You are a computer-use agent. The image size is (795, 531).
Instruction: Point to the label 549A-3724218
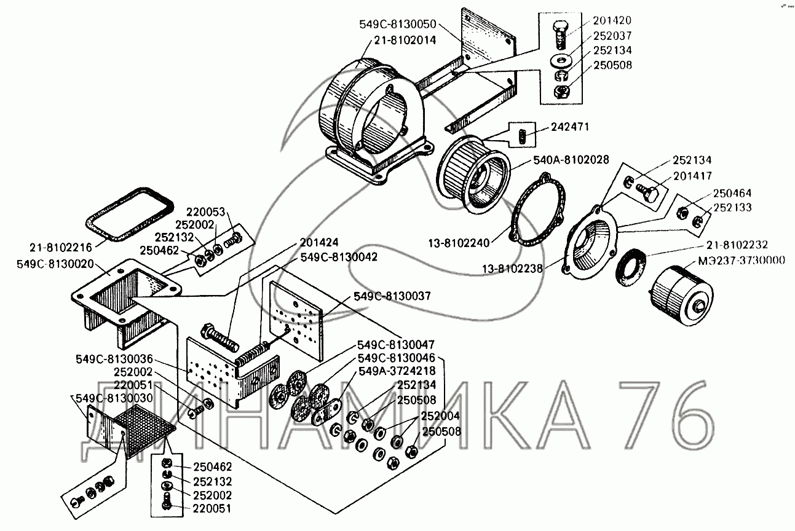(397, 371)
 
